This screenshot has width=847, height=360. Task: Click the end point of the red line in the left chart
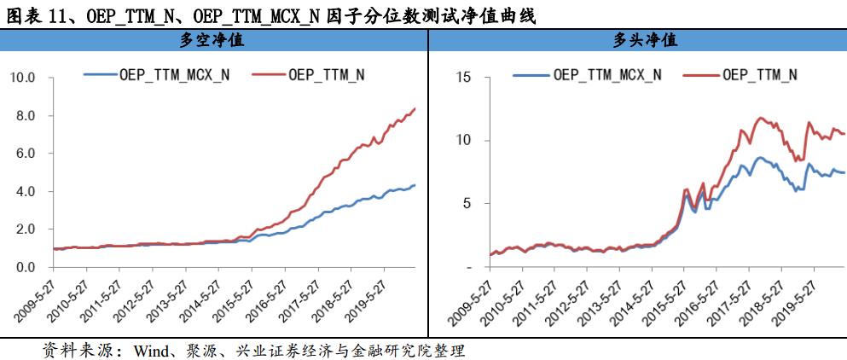[415, 108]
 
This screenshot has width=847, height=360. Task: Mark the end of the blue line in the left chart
[415, 185]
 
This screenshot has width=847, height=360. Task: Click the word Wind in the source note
[145, 350]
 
